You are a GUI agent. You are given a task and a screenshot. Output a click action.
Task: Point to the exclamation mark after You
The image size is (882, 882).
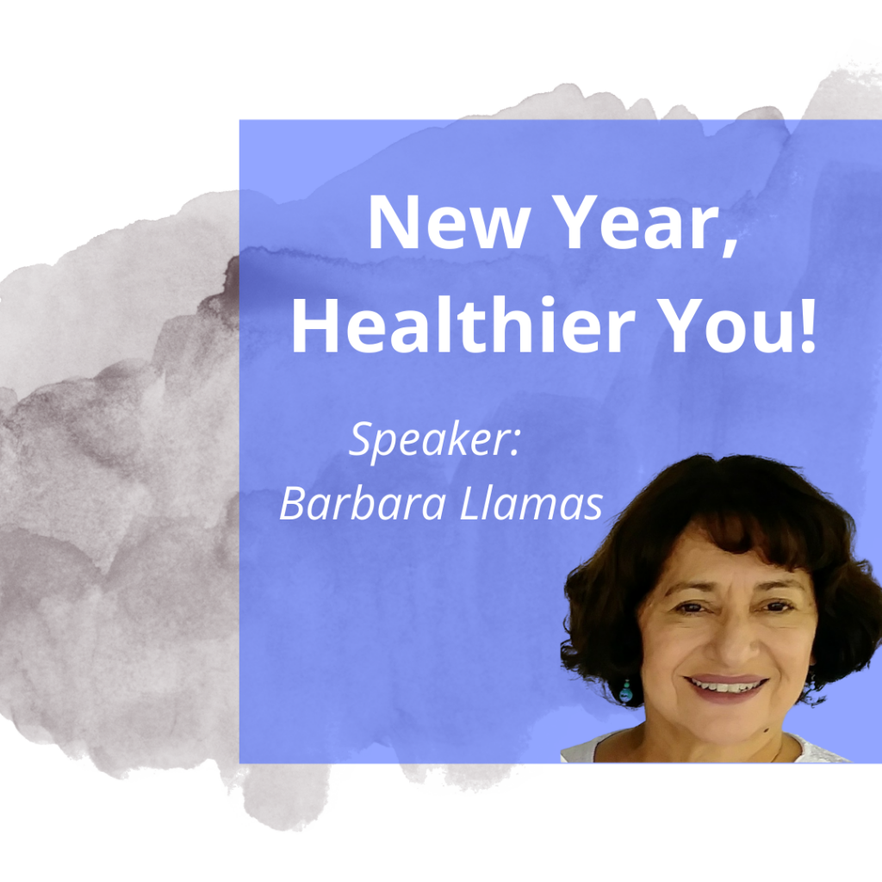coord(807,325)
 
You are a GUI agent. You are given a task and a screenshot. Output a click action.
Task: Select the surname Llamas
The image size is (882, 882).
coord(531,502)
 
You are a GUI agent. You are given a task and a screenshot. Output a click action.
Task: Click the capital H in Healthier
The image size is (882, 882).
coord(314,326)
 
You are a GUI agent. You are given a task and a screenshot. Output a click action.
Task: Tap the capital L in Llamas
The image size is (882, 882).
coord(469,502)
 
